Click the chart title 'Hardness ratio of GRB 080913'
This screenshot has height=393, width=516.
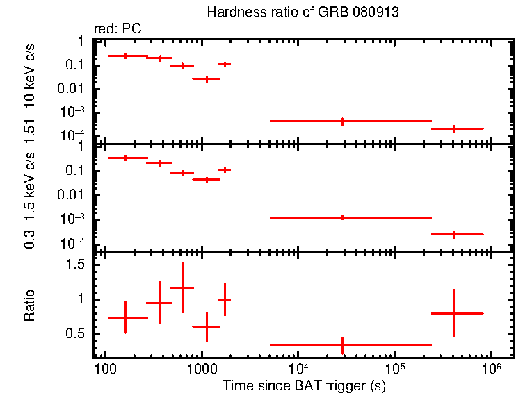[303, 13]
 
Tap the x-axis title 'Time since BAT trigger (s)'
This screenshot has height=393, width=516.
[303, 385]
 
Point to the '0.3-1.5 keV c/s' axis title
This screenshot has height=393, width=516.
[30, 201]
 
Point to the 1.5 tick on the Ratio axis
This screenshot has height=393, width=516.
[84, 265]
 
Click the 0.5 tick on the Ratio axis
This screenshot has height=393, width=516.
[84, 334]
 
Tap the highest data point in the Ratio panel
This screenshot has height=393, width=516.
[182, 287]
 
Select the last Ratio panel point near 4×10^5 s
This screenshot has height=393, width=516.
[454, 313]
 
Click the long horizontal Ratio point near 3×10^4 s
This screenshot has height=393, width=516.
[342, 344]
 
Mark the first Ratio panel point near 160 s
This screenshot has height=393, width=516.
[126, 317]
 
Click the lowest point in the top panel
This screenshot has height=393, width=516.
[454, 128]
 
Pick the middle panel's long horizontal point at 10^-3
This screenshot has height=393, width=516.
[342, 217]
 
